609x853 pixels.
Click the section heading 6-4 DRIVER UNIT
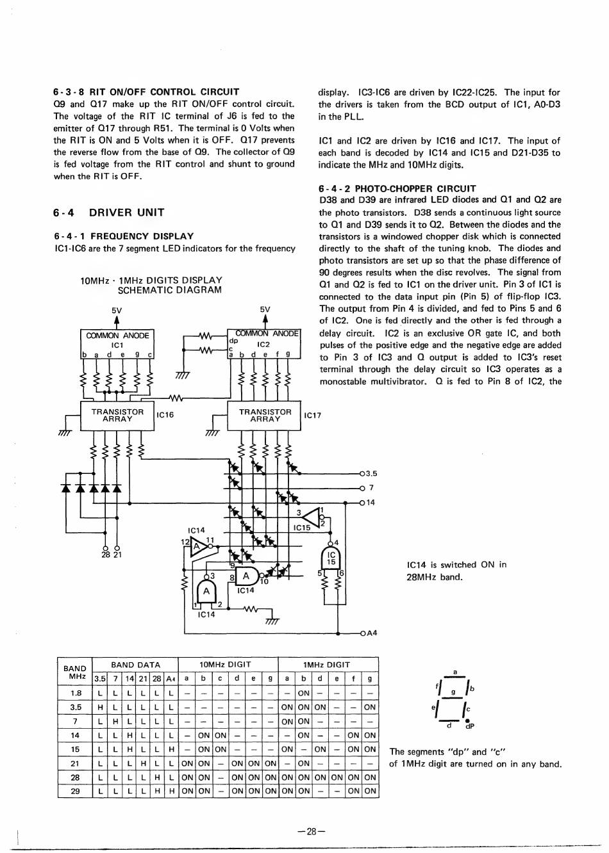(x=109, y=213)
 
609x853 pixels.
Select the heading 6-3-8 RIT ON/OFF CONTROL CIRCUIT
(x=146, y=92)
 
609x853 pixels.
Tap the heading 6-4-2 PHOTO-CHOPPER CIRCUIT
(x=397, y=188)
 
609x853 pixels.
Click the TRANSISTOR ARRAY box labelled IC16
(x=117, y=416)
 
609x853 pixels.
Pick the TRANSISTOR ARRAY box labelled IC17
(x=265, y=416)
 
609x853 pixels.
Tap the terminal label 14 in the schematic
(x=371, y=503)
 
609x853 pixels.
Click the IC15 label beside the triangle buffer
(x=301, y=528)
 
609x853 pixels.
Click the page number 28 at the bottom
(x=312, y=831)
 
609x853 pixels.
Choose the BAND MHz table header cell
(x=75, y=672)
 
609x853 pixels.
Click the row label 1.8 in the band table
(x=76, y=693)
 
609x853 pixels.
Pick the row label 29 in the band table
(x=76, y=791)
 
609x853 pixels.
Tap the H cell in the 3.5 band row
(x=100, y=707)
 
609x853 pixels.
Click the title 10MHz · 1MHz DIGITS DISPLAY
(x=151, y=280)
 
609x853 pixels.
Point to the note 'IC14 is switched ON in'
(x=456, y=565)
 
